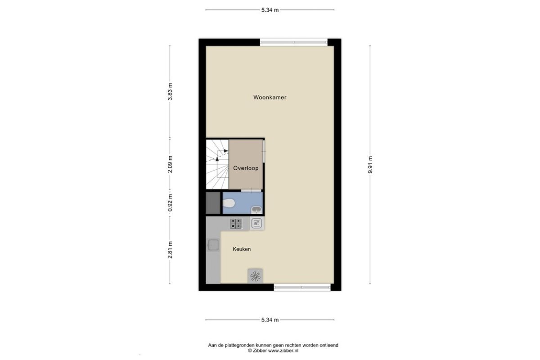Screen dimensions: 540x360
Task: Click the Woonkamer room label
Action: pos(270,97)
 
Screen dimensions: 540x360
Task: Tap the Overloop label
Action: pos(246,168)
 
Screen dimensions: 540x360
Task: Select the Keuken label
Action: pos(242,249)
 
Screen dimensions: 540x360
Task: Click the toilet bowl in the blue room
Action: pos(229,203)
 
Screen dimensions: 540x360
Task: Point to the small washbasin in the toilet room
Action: pos(256,210)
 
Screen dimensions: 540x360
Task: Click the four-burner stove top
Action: pos(236,224)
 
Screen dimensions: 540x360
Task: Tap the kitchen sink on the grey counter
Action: pos(213,245)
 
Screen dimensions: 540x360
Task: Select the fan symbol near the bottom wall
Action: pos(255,276)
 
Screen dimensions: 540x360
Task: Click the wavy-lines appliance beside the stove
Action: pos(257,223)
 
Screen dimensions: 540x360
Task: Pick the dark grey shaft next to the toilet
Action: pos(213,203)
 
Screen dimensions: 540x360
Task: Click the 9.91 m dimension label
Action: pos(370,165)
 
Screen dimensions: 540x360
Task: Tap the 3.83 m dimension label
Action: pos(170,92)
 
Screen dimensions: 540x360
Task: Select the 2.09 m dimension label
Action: pos(170,164)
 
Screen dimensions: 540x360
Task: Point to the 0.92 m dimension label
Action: pos(170,203)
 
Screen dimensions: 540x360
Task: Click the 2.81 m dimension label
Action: pos(170,250)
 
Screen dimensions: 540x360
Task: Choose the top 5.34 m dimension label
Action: pos(270,10)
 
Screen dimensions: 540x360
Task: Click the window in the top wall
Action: pos(293,42)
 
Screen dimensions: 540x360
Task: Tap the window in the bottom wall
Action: pos(302,287)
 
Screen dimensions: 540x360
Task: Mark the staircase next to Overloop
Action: pos(217,164)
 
